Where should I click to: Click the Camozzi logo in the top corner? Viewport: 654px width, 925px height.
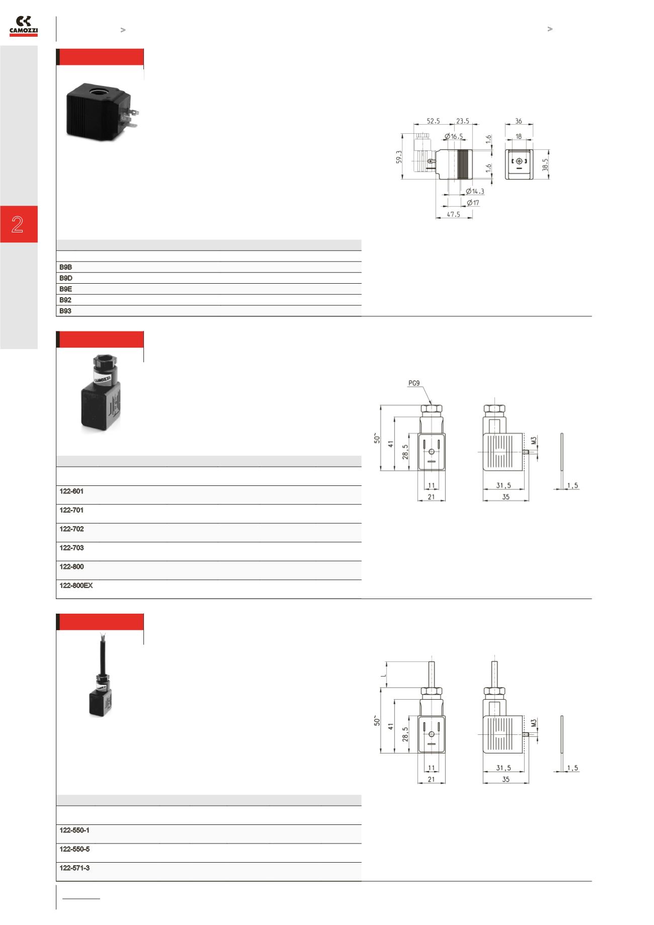(24, 26)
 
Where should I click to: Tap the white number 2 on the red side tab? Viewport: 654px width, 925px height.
(18, 224)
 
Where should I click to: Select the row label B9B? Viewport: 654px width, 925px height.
(66, 267)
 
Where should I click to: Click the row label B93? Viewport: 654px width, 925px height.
(65, 311)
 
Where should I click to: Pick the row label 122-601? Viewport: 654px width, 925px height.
(71, 491)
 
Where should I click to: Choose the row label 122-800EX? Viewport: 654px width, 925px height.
(76, 585)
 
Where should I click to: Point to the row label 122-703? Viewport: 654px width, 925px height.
(71, 548)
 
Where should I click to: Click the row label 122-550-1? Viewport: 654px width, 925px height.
(74, 830)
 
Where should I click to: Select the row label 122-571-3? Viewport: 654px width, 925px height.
(74, 868)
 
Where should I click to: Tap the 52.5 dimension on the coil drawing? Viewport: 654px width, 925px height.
(433, 121)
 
